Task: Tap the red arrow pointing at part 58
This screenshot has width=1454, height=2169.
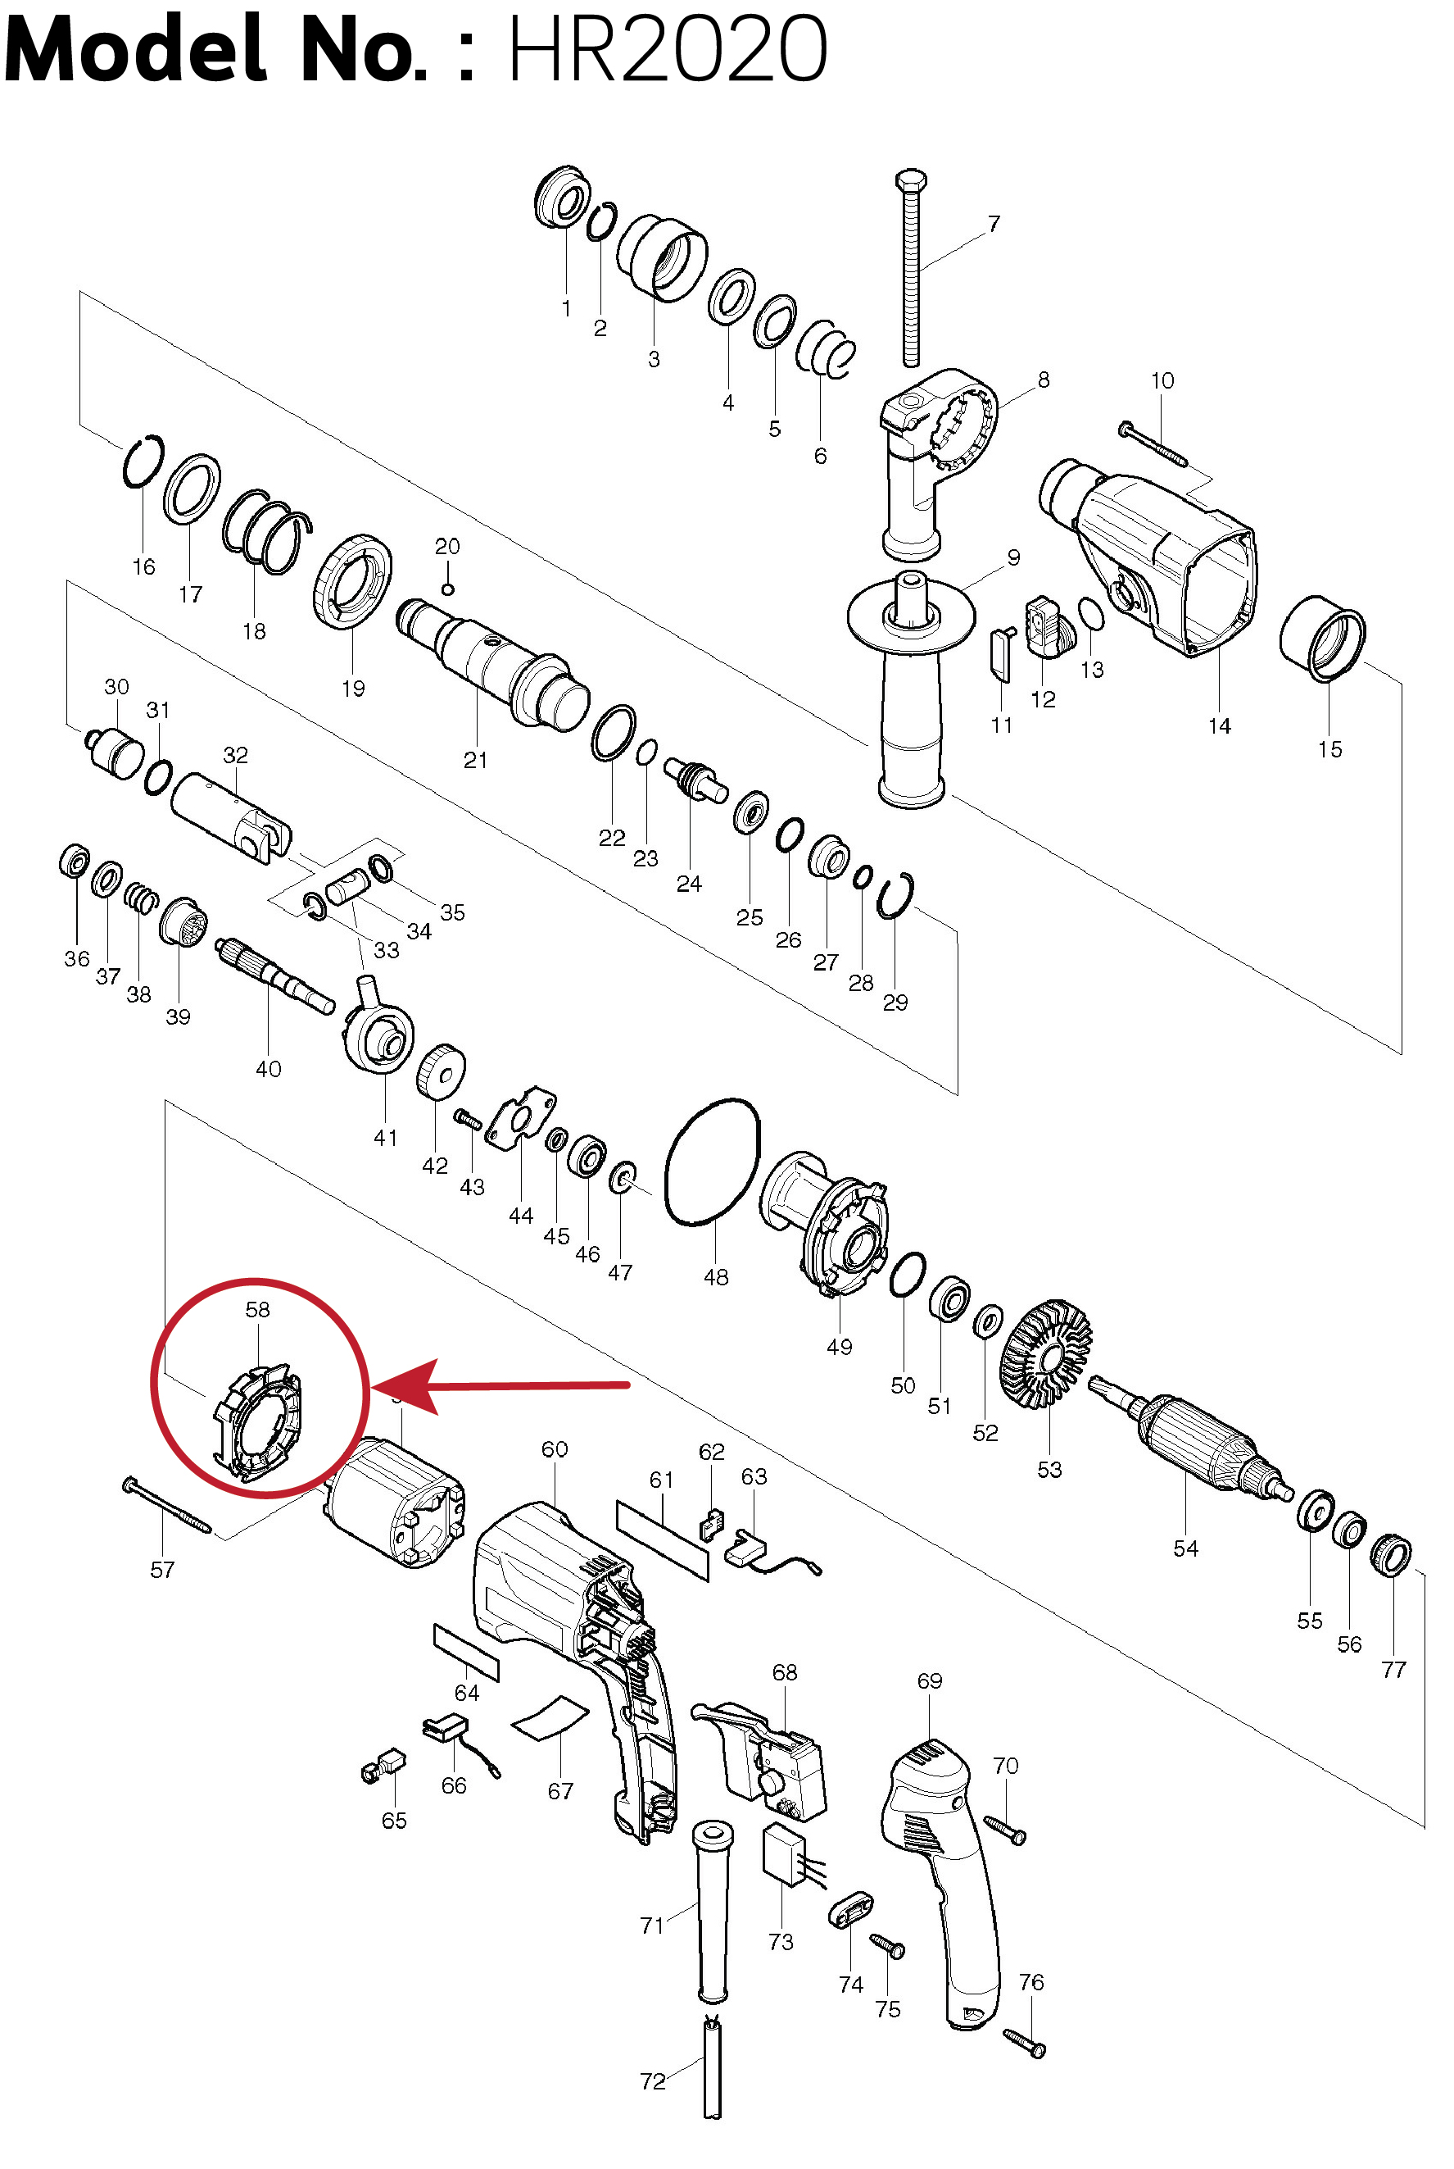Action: pyautogui.click(x=501, y=1386)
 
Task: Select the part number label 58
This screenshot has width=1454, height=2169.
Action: pyautogui.click(x=257, y=1309)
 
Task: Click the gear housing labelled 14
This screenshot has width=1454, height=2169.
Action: pyautogui.click(x=1150, y=557)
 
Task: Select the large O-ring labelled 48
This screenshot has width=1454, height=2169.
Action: pyautogui.click(x=712, y=1162)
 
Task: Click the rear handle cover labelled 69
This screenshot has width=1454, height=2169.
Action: pyautogui.click(x=941, y=1883)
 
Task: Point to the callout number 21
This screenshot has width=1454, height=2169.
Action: pyautogui.click(x=475, y=760)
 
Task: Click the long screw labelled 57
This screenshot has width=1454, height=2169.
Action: pyautogui.click(x=167, y=1505)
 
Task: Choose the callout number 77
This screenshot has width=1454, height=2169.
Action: pyautogui.click(x=1393, y=1669)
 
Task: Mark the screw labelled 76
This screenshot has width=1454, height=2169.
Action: pyautogui.click(x=1025, y=2043)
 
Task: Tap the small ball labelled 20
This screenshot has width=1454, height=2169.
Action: pyautogui.click(x=447, y=589)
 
